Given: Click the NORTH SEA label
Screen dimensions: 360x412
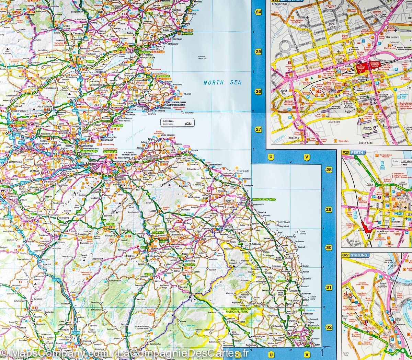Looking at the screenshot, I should (x=222, y=82).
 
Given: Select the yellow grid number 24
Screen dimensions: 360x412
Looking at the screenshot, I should (x=258, y=12).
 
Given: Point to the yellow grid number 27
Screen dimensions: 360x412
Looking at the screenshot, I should (x=258, y=130).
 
